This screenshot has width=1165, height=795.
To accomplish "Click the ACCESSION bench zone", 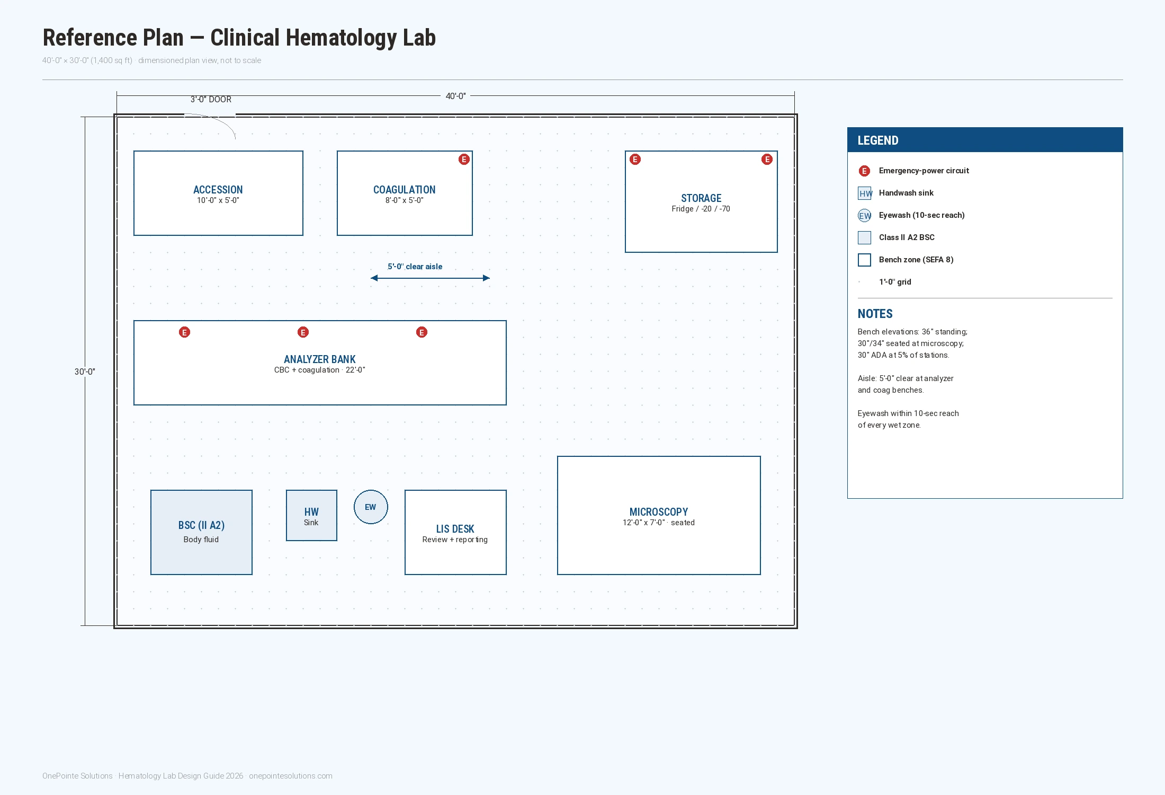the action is (218, 193).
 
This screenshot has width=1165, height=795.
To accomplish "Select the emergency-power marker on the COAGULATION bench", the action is (464, 160).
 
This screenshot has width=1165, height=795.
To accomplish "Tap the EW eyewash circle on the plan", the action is (371, 507).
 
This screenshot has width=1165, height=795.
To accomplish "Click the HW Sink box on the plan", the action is (311, 515).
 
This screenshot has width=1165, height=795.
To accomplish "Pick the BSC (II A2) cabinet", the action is (201, 532).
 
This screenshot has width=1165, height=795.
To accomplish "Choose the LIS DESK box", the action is (455, 532).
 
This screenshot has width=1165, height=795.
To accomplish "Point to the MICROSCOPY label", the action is (659, 512).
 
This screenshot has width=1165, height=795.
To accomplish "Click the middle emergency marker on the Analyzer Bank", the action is (303, 332).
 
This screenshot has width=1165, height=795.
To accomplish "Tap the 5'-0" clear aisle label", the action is (415, 267).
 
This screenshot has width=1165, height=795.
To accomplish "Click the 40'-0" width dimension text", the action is (455, 96).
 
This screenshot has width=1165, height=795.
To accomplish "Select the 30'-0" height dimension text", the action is (85, 372).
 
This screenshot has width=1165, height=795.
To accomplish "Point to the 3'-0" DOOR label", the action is (211, 99).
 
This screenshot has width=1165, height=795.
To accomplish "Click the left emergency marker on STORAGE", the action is (635, 160).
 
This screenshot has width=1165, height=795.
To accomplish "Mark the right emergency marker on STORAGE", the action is (767, 160).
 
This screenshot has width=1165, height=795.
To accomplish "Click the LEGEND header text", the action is (878, 140).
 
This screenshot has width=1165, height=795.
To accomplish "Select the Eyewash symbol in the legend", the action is (864, 215).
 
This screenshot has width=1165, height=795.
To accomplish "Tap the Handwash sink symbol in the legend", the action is (864, 193).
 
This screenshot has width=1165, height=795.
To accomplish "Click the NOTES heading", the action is (875, 314).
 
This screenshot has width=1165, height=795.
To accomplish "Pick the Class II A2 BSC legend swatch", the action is (864, 237).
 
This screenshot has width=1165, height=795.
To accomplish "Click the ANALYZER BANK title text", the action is (320, 359).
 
